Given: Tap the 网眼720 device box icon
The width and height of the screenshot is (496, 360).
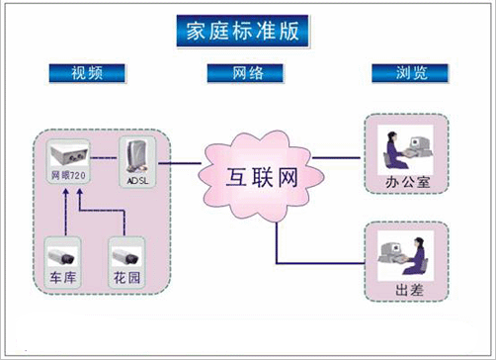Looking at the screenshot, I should point(70,152).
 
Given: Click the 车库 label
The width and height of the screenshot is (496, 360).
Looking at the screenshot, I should point(62,279).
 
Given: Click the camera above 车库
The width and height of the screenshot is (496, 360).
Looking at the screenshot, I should point(62,252).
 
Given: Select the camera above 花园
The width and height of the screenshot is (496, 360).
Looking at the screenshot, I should point(122,252).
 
